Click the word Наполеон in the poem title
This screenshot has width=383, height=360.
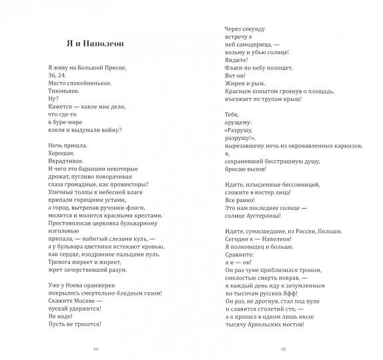(x=109, y=45)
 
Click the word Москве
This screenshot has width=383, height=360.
(x=82, y=308)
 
